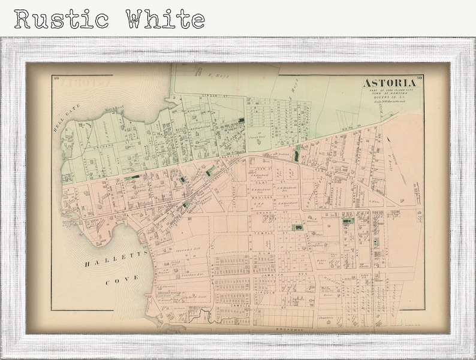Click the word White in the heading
(165, 19)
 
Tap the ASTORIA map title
(391, 84)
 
